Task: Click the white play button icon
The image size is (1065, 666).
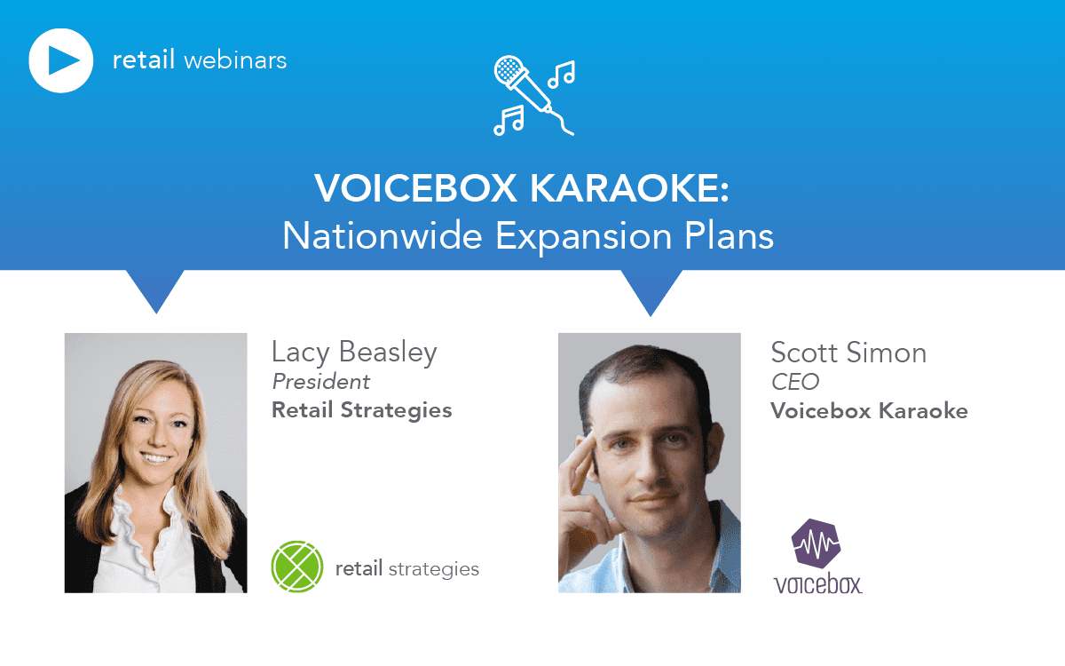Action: point(61,60)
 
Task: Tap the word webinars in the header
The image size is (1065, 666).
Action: point(234,61)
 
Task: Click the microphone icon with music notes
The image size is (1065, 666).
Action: point(533,96)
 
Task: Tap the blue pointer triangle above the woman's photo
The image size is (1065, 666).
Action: point(156,289)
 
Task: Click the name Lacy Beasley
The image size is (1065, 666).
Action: point(354,353)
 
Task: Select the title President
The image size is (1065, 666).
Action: point(320,382)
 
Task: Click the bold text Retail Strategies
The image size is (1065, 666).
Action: point(361,410)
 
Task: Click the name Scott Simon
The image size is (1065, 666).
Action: point(848,353)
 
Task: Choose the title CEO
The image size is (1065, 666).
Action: point(794,382)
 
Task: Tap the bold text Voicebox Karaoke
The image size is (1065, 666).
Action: point(869,411)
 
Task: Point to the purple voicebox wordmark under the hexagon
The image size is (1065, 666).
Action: point(817,583)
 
